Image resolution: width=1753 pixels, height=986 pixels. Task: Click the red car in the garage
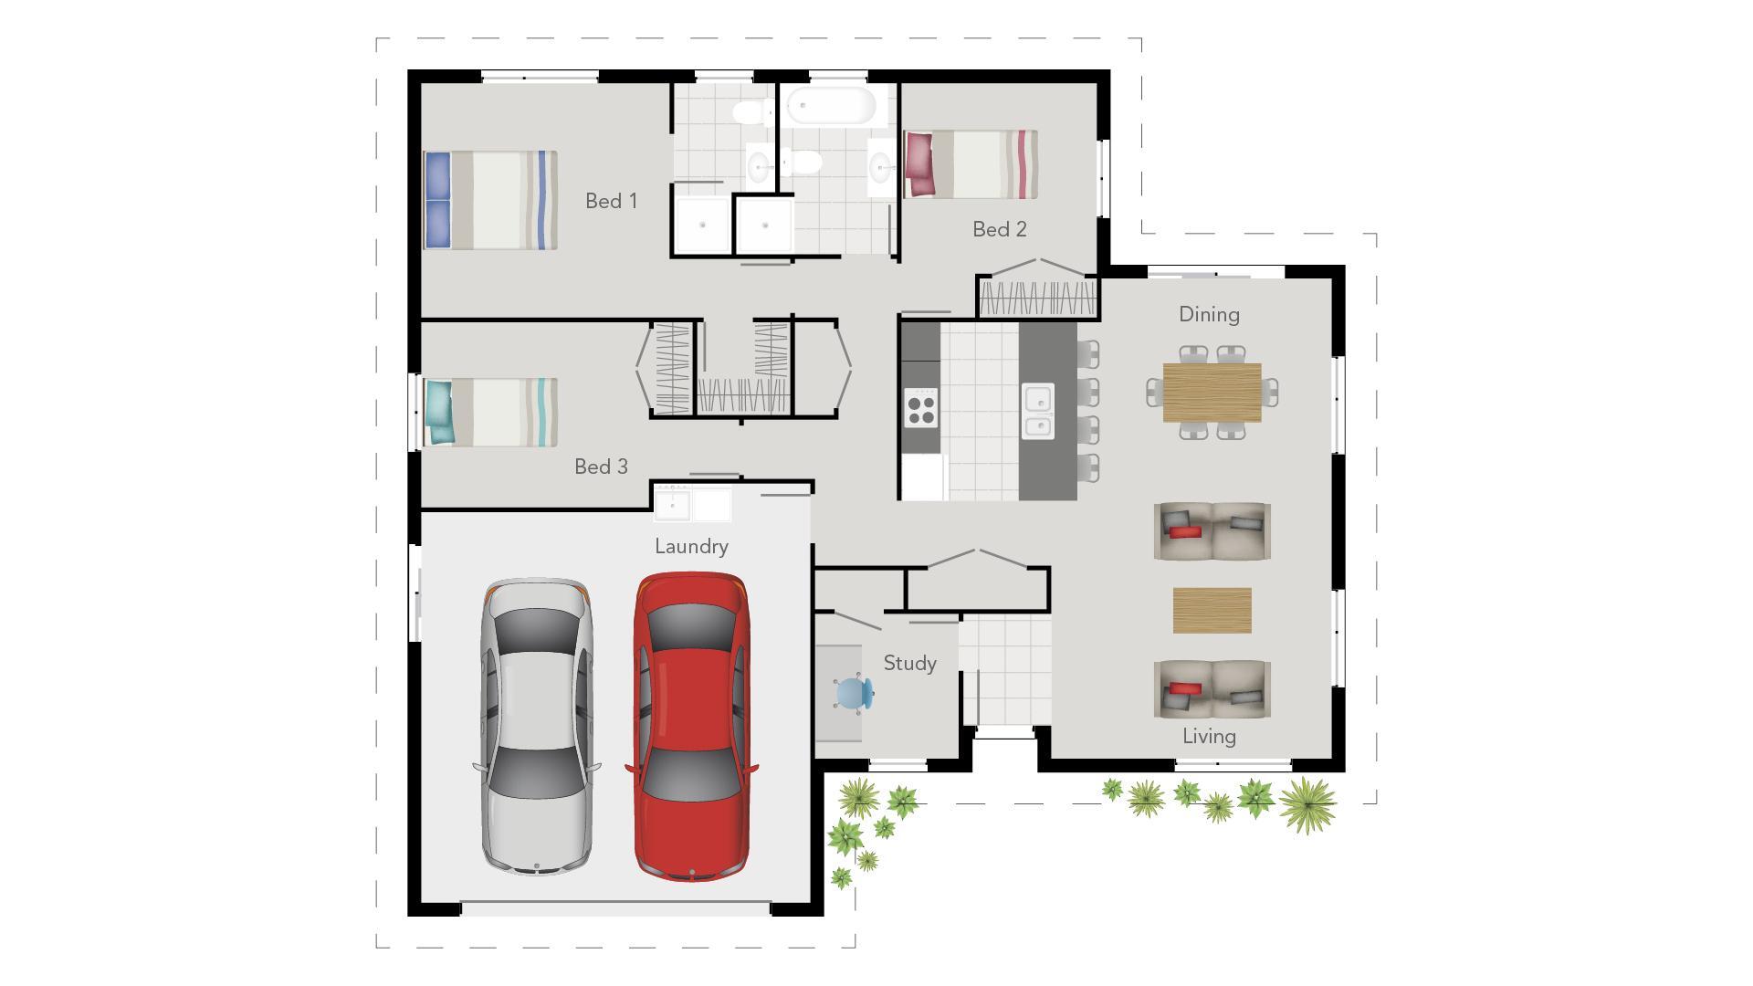tap(691, 726)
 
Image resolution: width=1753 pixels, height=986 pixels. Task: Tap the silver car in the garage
tap(537, 726)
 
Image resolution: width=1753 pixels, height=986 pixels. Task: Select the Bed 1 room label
tap(611, 201)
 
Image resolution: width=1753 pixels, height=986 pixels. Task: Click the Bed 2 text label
tap(999, 229)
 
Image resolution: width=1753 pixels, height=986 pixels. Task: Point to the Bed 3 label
tap(601, 467)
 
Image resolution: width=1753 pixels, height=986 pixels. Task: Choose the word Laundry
tap(691, 546)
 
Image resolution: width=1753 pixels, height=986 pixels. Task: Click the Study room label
tap(909, 663)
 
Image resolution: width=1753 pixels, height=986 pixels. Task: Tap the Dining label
tap(1209, 314)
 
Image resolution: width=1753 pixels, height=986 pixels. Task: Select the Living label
tap(1209, 736)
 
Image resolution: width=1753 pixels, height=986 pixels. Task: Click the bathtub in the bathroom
tap(831, 106)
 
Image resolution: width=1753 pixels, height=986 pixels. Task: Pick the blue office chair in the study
tap(855, 694)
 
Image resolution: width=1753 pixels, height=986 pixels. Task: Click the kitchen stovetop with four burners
tap(920, 407)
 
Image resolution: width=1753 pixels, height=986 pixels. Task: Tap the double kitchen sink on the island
tap(1037, 412)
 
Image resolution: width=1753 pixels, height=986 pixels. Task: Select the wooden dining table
tap(1212, 392)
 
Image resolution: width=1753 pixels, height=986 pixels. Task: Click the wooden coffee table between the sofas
tap(1212, 610)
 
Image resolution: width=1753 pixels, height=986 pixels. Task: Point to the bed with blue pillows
tap(490, 200)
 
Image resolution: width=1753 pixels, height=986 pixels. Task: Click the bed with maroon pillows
tap(970, 164)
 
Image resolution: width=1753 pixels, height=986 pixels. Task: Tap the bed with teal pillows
tap(490, 413)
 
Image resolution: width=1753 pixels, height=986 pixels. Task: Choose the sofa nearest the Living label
tap(1212, 688)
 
